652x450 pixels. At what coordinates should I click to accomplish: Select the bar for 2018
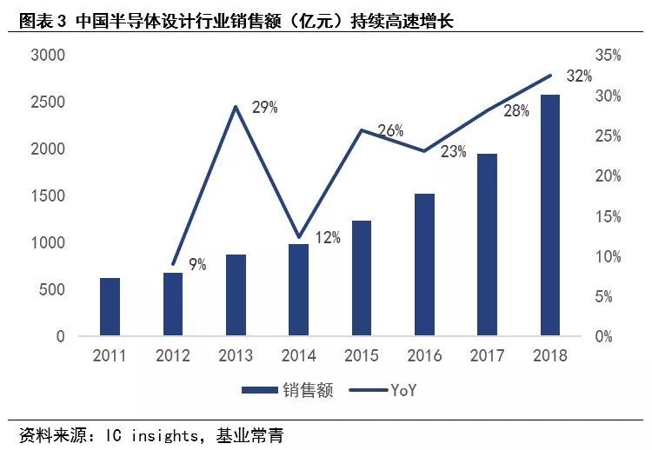pos(550,215)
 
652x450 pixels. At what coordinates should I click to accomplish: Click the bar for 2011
pos(110,307)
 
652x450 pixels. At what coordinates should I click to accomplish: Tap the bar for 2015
pos(362,278)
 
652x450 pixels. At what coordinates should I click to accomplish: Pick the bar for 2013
pos(236,294)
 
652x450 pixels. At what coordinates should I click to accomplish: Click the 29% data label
pos(264,108)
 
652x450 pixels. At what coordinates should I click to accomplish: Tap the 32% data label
pos(579,76)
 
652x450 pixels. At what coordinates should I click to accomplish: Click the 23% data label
pos(453,151)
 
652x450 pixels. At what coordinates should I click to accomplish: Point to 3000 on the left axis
pos(49,55)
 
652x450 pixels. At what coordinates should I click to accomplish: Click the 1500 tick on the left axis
pos(49,195)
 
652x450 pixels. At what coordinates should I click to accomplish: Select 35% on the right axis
pos(608,55)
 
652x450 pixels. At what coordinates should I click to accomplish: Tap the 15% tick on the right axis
pos(608,216)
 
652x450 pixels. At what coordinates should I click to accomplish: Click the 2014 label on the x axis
pos(298,355)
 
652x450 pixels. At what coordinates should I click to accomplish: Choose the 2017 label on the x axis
pos(487,355)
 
